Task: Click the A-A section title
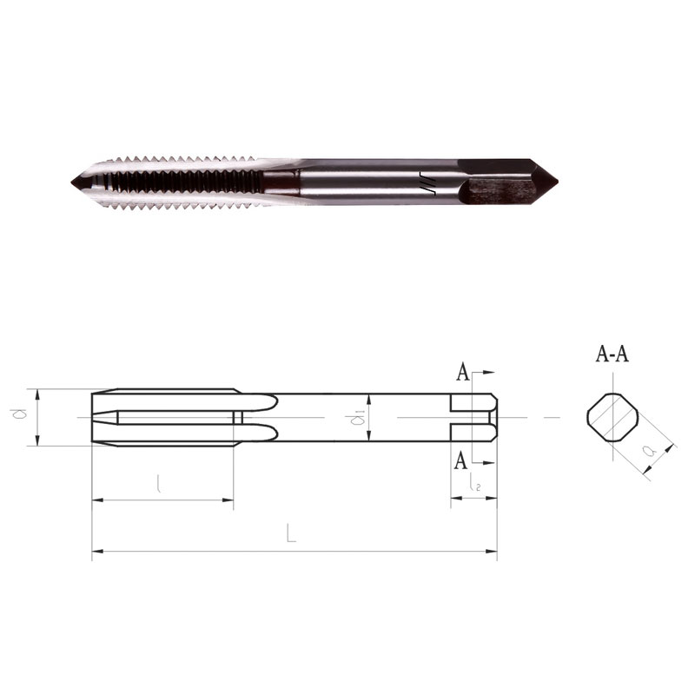(x=612, y=354)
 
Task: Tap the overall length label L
(x=290, y=533)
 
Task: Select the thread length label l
(x=159, y=483)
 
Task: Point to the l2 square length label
(x=474, y=484)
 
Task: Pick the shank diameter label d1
(x=357, y=418)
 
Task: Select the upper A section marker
(x=463, y=373)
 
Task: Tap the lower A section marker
(x=461, y=461)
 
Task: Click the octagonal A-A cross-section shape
(x=613, y=417)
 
